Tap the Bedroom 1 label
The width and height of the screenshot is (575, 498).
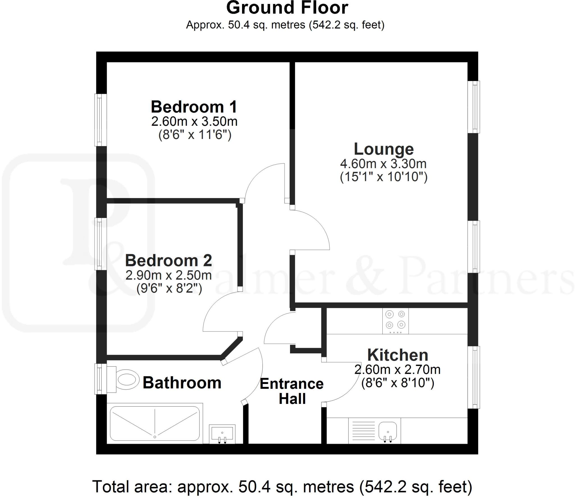[194, 107]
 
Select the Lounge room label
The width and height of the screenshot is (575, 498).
[384, 149]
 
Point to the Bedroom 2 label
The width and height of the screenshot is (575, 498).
[168, 261]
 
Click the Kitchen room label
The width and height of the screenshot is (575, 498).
[398, 355]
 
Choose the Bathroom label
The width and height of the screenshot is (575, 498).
[182, 383]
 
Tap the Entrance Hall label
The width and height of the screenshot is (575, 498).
[292, 391]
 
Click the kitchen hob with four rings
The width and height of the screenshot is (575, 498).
[395, 321]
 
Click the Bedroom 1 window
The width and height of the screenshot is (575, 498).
[100, 120]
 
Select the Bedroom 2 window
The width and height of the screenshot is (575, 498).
[100, 244]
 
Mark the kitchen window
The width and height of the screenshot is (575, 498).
[474, 377]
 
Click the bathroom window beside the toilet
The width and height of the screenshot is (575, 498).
[100, 379]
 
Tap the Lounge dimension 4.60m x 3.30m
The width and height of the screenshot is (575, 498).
[384, 163]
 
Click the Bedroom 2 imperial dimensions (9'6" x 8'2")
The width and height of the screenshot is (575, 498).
[169, 288]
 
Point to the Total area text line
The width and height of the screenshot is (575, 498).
[282, 487]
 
